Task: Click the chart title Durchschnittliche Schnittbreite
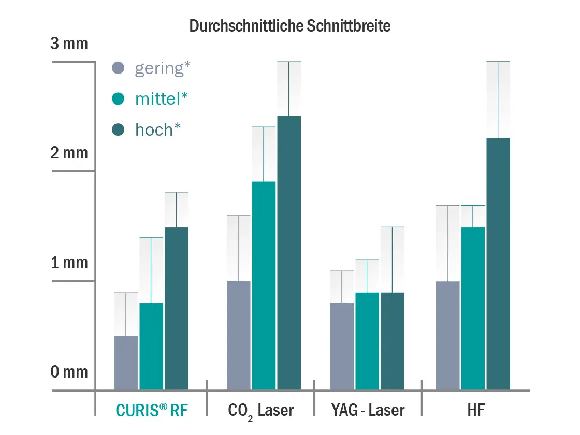click(x=290, y=26)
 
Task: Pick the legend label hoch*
click(x=158, y=129)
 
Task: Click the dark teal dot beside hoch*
click(x=119, y=129)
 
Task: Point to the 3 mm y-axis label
click(x=69, y=44)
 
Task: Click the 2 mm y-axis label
click(x=69, y=153)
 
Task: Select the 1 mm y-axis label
click(x=69, y=263)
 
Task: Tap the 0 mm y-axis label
click(x=69, y=372)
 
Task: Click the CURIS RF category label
click(x=151, y=411)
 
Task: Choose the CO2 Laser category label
click(x=260, y=411)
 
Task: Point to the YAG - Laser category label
click(x=368, y=411)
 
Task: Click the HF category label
click(x=473, y=411)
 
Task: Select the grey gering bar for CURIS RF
click(x=126, y=363)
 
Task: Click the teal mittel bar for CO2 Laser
click(x=264, y=285)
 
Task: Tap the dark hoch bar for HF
click(x=498, y=264)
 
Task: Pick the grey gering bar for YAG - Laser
click(x=342, y=346)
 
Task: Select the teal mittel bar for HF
click(x=473, y=308)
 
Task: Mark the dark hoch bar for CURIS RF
click(x=177, y=308)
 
